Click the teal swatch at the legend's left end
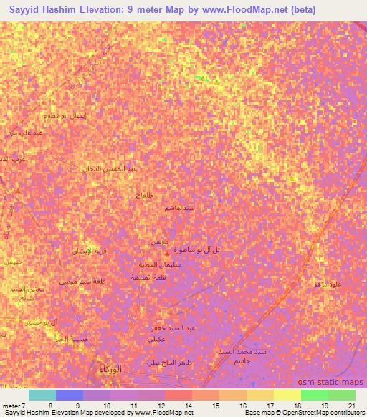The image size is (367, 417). (x=42, y=394)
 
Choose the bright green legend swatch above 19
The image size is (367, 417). (x=314, y=394)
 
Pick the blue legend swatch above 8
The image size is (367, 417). (x=69, y=394)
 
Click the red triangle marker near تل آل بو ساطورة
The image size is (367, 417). (x=167, y=253)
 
